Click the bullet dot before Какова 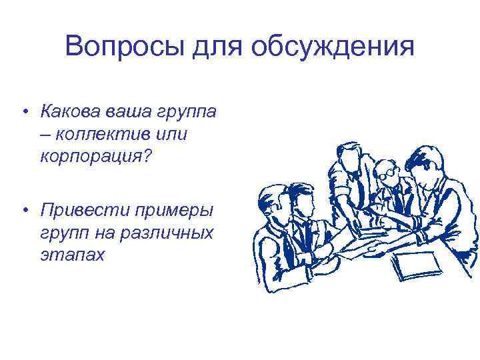click(x=24, y=111)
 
